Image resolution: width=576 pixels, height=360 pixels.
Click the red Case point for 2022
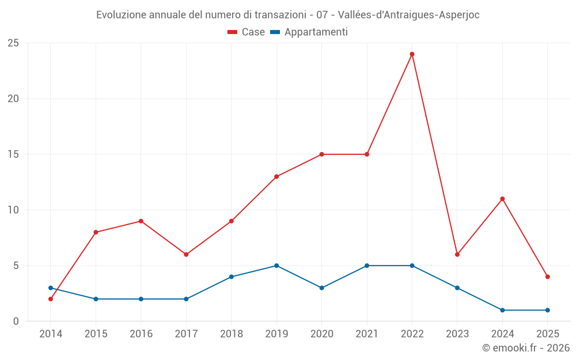(x=412, y=54)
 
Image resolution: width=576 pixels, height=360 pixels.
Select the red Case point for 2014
(x=51, y=299)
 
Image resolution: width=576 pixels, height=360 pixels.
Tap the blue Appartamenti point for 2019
(x=276, y=266)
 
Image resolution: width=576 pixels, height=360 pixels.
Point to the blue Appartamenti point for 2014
(x=51, y=288)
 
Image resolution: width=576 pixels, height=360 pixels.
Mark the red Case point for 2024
(x=502, y=199)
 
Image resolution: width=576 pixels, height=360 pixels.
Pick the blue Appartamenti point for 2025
(x=547, y=310)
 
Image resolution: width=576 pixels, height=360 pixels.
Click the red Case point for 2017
(x=186, y=255)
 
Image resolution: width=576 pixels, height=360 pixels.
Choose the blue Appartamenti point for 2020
(x=321, y=288)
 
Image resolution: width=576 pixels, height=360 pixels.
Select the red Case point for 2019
(x=276, y=177)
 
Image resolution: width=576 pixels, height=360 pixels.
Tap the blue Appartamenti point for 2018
(x=231, y=276)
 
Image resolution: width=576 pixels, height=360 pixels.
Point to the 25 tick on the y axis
(x=13, y=43)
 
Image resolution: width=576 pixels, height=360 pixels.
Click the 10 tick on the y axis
(x=13, y=210)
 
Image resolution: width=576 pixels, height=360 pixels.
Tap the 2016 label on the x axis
(x=141, y=334)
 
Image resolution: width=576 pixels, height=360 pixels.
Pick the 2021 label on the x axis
(x=367, y=334)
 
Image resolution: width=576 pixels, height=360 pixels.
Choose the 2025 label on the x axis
(x=547, y=334)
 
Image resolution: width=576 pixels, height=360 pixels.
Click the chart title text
(x=288, y=15)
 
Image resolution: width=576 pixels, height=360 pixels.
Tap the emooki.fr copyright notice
(x=525, y=348)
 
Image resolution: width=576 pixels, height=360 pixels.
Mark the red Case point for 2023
(x=457, y=255)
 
